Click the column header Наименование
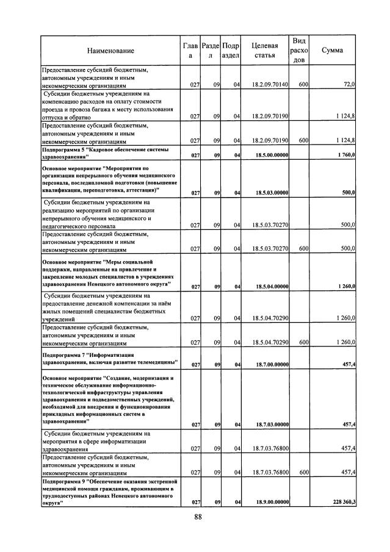coord(110,51)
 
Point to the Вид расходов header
coord(299,50)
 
